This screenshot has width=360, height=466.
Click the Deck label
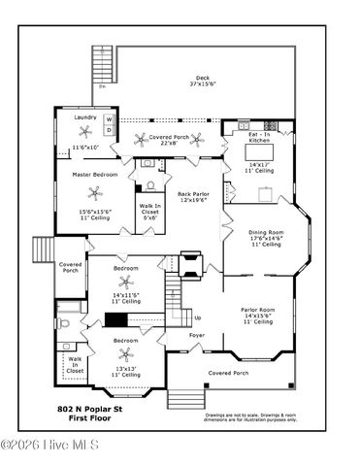click(203, 80)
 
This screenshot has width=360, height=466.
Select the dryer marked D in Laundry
click(109, 130)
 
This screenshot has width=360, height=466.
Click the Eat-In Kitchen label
click(258, 138)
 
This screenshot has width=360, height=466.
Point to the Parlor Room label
click(258, 311)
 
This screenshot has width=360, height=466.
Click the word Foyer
click(196, 335)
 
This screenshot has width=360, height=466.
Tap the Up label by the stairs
click(198, 317)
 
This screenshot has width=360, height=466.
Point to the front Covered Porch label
click(228, 373)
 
